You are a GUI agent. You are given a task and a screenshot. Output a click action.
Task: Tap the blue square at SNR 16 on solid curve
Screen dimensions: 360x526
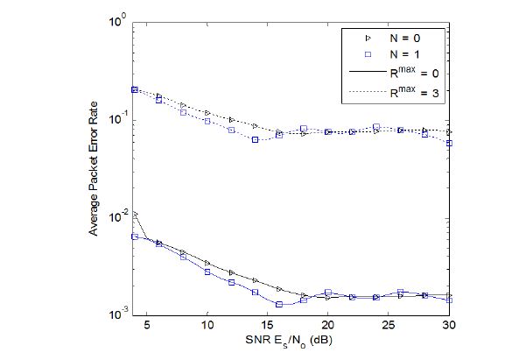(x=279, y=304)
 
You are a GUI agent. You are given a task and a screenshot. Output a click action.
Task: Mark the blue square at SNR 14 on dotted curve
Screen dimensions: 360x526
(x=255, y=139)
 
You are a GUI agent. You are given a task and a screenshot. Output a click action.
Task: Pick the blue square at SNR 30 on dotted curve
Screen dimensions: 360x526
(x=448, y=143)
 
